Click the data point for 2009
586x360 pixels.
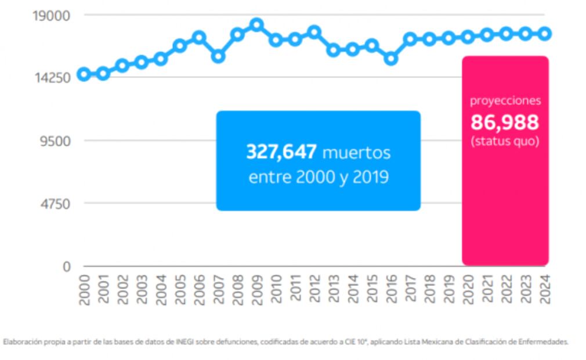[256, 24]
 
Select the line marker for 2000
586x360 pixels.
[84, 74]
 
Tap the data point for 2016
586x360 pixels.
[391, 58]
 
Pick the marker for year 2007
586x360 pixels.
[218, 56]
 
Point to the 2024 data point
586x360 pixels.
[545, 34]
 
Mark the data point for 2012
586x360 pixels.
[314, 32]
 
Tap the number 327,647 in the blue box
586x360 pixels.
[281, 152]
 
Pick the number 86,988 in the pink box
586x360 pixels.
[505, 123]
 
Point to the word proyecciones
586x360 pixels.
[505, 100]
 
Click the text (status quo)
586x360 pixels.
[505, 141]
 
